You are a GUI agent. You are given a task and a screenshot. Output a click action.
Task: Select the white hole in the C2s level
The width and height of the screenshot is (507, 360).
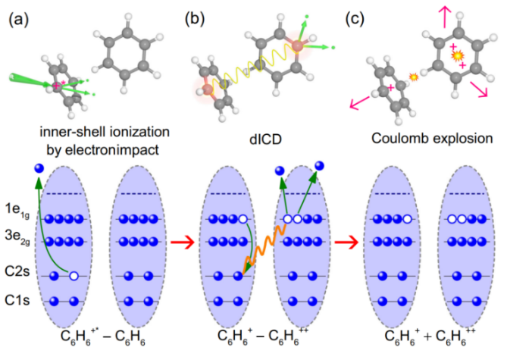click(x=74, y=277)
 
